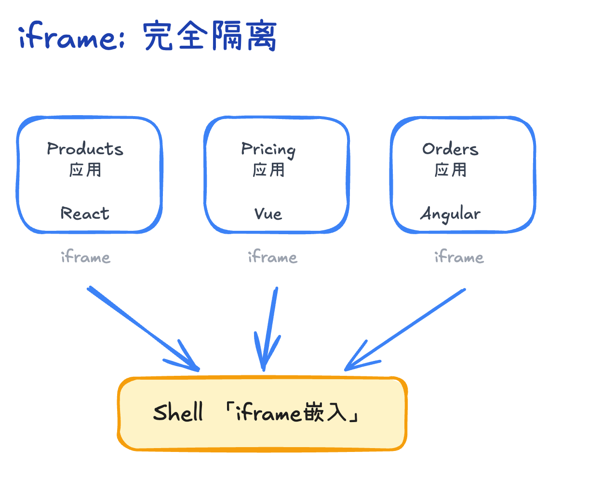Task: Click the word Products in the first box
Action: pyautogui.click(x=85, y=149)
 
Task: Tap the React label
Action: pyautogui.click(x=85, y=213)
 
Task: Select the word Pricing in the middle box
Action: pyautogui.click(x=268, y=149)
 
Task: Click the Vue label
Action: pyautogui.click(x=268, y=213)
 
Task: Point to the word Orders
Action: pyautogui.click(x=450, y=149)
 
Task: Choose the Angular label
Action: pyautogui.click(x=450, y=214)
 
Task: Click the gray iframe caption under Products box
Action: pyautogui.click(x=85, y=257)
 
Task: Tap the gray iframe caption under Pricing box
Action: pyautogui.click(x=272, y=257)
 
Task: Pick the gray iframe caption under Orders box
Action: pyautogui.click(x=459, y=257)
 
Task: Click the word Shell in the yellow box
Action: pyautogui.click(x=178, y=413)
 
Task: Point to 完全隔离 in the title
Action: pyautogui.click(x=210, y=36)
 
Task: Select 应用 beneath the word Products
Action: pyautogui.click(x=85, y=170)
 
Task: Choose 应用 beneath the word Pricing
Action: pyautogui.click(x=268, y=170)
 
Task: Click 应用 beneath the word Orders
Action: pyautogui.click(x=450, y=170)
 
